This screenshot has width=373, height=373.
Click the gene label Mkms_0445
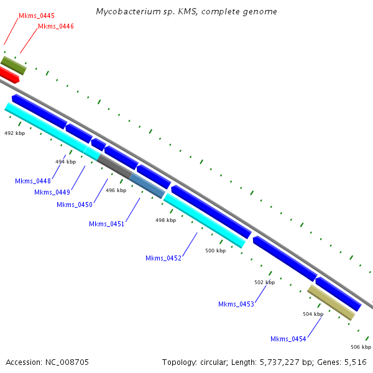coord(36,15)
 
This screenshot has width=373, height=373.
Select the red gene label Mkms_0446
coord(55,26)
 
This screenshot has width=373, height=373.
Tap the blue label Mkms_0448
coord(33,181)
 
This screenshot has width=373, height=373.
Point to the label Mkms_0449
coord(52,192)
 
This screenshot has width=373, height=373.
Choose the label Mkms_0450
coord(74,205)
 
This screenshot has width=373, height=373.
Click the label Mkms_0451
coord(106,224)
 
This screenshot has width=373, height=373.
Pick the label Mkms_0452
coord(163,258)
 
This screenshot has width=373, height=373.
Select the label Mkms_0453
coord(236,304)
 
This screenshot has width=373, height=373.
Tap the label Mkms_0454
coord(288,339)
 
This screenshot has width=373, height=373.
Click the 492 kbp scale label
coord(15,133)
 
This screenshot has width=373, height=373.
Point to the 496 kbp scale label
coord(116,190)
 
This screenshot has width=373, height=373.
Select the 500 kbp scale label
coord(215,251)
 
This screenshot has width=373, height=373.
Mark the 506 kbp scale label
coord(361,347)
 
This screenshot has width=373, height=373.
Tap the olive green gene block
coord(14,65)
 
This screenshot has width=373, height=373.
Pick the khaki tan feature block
coord(331,303)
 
